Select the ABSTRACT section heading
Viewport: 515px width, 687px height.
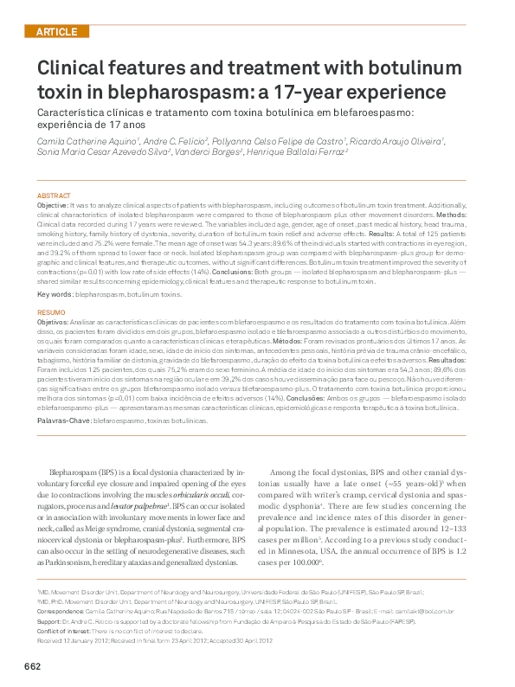coord(54,196)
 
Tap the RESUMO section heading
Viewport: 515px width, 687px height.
coord(51,311)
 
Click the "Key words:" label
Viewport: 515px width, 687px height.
coord(55,295)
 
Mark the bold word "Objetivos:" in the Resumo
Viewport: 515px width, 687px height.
coord(55,321)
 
